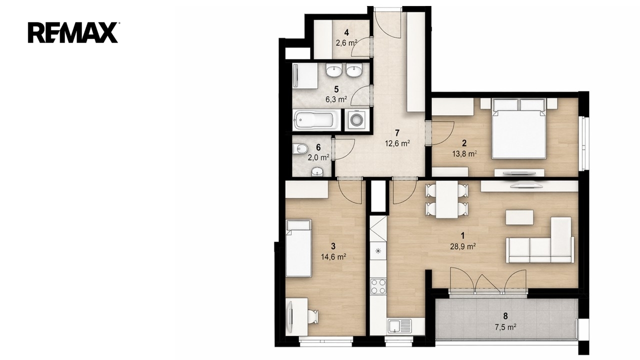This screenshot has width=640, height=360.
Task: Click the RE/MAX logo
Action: click(x=73, y=32)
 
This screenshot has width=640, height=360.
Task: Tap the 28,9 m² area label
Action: click(x=463, y=246)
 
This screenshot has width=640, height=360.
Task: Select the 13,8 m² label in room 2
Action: click(x=464, y=153)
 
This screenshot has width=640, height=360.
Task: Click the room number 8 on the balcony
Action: click(x=505, y=316)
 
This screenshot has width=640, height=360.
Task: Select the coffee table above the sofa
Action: click(x=519, y=217)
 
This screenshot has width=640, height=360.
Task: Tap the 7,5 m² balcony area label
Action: click(x=505, y=327)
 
